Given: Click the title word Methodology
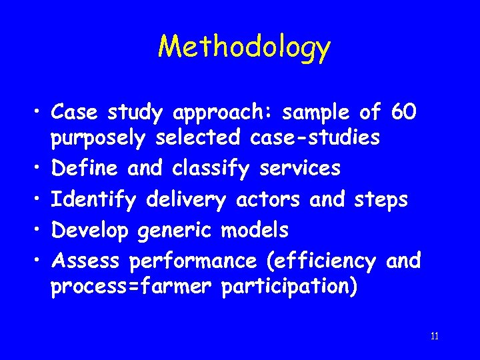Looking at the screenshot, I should click(244, 47).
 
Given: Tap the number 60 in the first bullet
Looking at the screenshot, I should click(404, 113).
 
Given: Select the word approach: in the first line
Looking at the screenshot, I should click(225, 113).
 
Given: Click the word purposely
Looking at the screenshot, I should click(99, 138).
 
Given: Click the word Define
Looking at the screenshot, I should click(85, 169).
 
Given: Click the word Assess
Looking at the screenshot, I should click(86, 261).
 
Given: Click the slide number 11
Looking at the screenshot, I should click(435, 336).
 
